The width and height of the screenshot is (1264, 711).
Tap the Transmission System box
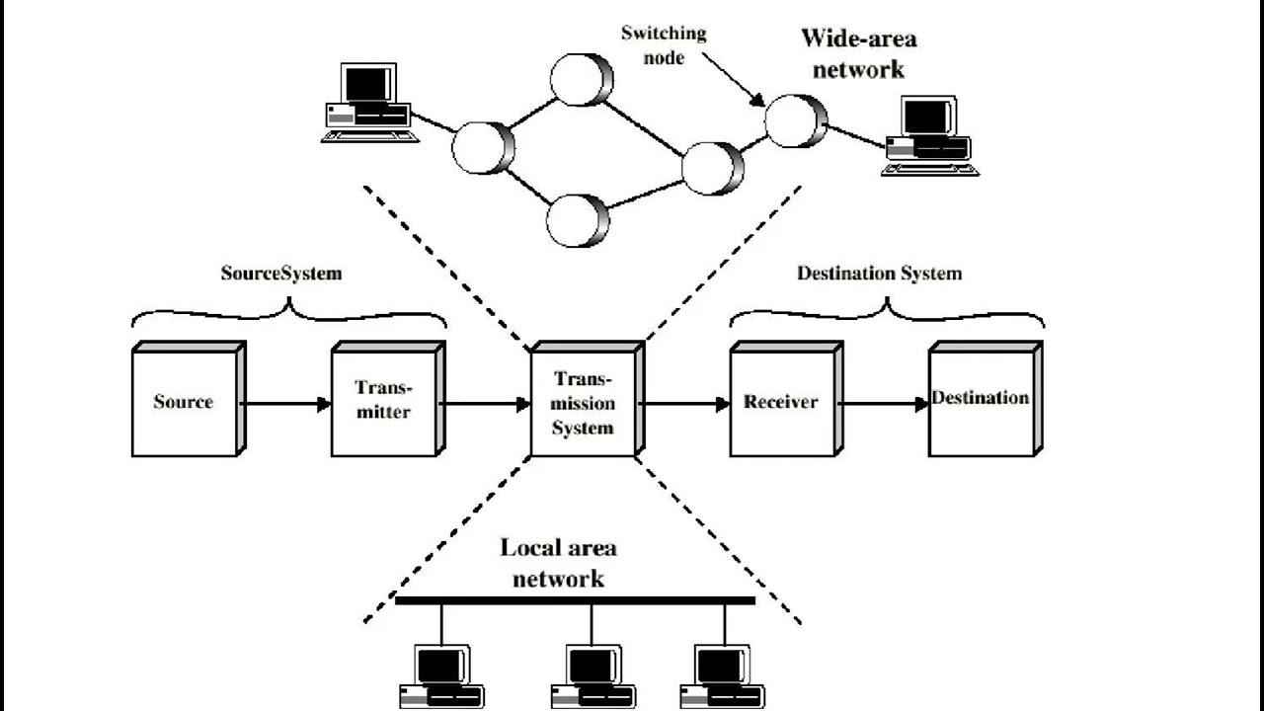tap(584, 403)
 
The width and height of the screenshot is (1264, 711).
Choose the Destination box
tap(982, 400)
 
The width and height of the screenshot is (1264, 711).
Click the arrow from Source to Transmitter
tap(286, 403)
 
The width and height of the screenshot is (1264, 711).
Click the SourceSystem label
tap(280, 274)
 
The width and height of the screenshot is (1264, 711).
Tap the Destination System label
tap(879, 274)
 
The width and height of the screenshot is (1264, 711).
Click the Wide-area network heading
tap(857, 53)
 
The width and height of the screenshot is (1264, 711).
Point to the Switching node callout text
tap(663, 45)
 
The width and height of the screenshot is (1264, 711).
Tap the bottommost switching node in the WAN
tap(578, 219)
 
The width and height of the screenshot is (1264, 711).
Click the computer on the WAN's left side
tap(366, 104)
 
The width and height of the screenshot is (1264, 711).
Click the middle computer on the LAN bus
tap(593, 676)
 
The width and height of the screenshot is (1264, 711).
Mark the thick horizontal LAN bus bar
tap(575, 599)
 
